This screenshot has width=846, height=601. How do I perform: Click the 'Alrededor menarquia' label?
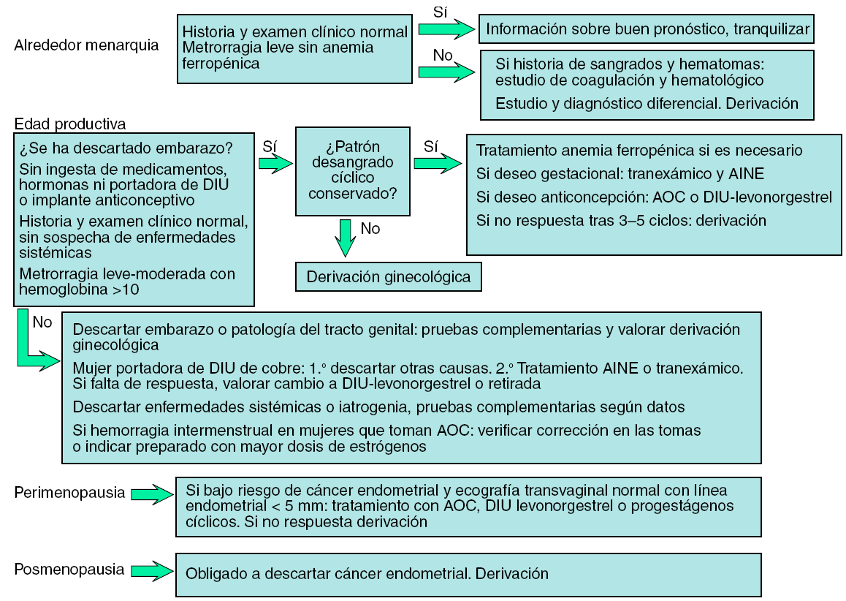tap(86, 45)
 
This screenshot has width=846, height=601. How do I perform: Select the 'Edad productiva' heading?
tap(69, 124)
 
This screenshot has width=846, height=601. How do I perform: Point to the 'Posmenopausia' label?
tap(69, 570)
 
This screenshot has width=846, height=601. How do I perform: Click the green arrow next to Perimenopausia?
tap(151, 494)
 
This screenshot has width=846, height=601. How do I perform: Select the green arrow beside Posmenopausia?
tap(151, 571)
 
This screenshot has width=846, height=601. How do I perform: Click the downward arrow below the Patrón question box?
tap(345, 238)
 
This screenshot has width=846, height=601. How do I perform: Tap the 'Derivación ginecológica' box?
tap(388, 277)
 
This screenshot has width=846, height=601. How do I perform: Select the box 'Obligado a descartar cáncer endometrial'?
tap(468, 574)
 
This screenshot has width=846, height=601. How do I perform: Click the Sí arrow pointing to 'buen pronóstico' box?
tap(446, 29)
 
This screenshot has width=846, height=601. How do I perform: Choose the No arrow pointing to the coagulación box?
tap(446, 71)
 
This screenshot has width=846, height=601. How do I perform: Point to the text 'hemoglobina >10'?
tap(80, 290)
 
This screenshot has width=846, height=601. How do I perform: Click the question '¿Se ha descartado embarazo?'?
tap(126, 148)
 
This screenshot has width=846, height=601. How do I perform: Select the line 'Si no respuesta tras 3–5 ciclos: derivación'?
tap(621, 220)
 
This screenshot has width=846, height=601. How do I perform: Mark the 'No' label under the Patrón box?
tap(370, 229)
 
